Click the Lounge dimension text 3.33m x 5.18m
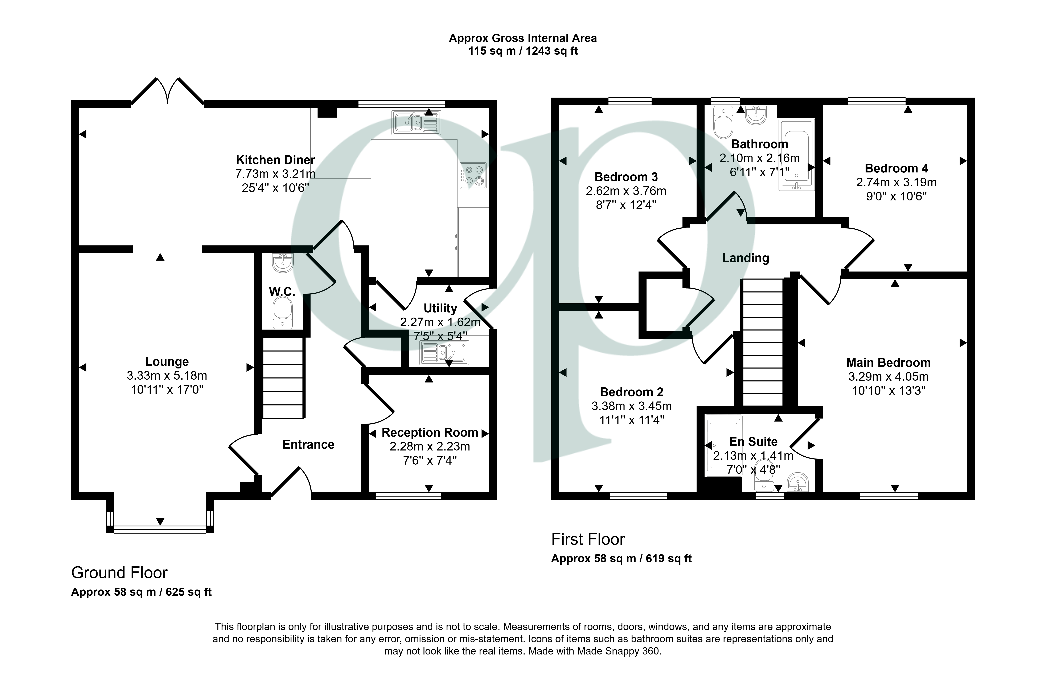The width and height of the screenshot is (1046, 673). (167, 375)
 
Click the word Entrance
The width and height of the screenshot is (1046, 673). (308, 444)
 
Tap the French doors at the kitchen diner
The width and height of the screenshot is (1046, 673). (167, 92)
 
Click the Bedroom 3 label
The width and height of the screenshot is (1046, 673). (626, 177)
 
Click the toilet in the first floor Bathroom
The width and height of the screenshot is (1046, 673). (723, 122)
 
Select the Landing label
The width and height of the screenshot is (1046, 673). (745, 258)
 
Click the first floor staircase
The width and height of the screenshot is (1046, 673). (762, 343)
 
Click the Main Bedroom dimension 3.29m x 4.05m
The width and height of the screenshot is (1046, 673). (888, 376)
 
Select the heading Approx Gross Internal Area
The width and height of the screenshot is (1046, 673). (522, 38)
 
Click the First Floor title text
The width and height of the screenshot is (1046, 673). (588, 539)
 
